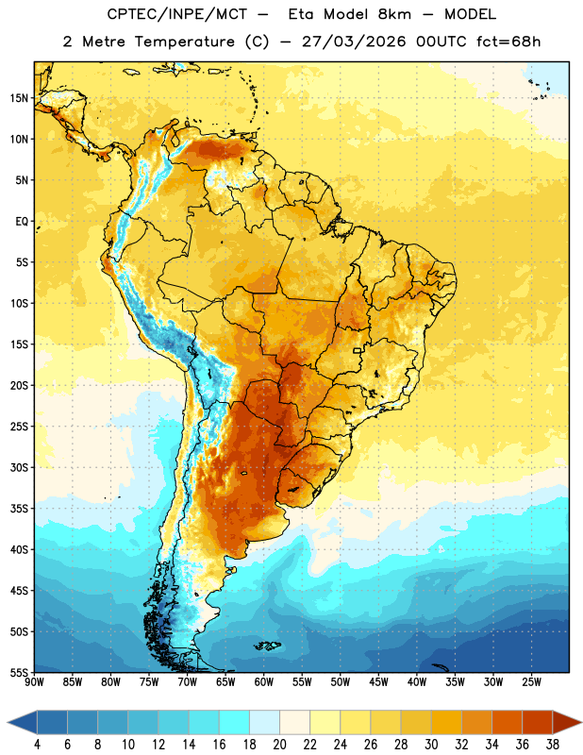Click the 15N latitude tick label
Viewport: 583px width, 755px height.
click(19, 98)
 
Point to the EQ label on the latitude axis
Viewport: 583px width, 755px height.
click(22, 222)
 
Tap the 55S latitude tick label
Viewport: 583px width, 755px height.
click(19, 672)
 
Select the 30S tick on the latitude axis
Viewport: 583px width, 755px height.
click(19, 467)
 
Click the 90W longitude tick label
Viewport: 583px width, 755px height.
click(34, 681)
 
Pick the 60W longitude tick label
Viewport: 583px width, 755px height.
click(264, 681)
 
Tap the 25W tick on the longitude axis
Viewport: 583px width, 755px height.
click(531, 681)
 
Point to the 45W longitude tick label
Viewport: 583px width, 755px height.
click(378, 681)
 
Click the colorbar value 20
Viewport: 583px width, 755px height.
click(279, 745)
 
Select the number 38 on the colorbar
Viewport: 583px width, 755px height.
click(552, 745)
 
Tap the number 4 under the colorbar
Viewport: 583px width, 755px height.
click(37, 745)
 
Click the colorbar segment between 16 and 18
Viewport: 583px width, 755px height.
click(234, 722)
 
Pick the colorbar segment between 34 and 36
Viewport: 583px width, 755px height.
click(507, 722)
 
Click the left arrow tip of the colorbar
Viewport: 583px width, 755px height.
click(8, 722)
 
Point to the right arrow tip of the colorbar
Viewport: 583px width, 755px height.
click(581, 722)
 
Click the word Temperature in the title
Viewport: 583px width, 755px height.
click(184, 42)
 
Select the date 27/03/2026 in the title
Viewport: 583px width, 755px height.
click(354, 42)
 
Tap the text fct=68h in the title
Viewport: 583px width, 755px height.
click(508, 42)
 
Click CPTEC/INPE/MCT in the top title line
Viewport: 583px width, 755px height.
click(177, 14)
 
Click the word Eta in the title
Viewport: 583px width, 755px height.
click(301, 14)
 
